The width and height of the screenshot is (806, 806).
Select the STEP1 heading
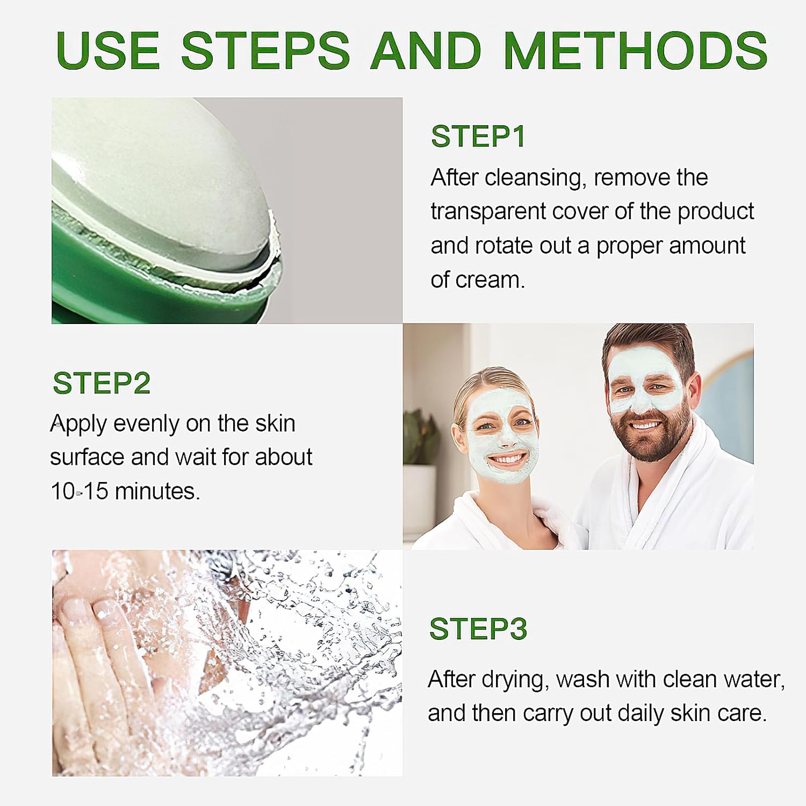coord(478,136)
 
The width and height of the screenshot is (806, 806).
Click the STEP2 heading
coord(102,383)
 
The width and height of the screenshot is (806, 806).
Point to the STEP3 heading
coord(478,629)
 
